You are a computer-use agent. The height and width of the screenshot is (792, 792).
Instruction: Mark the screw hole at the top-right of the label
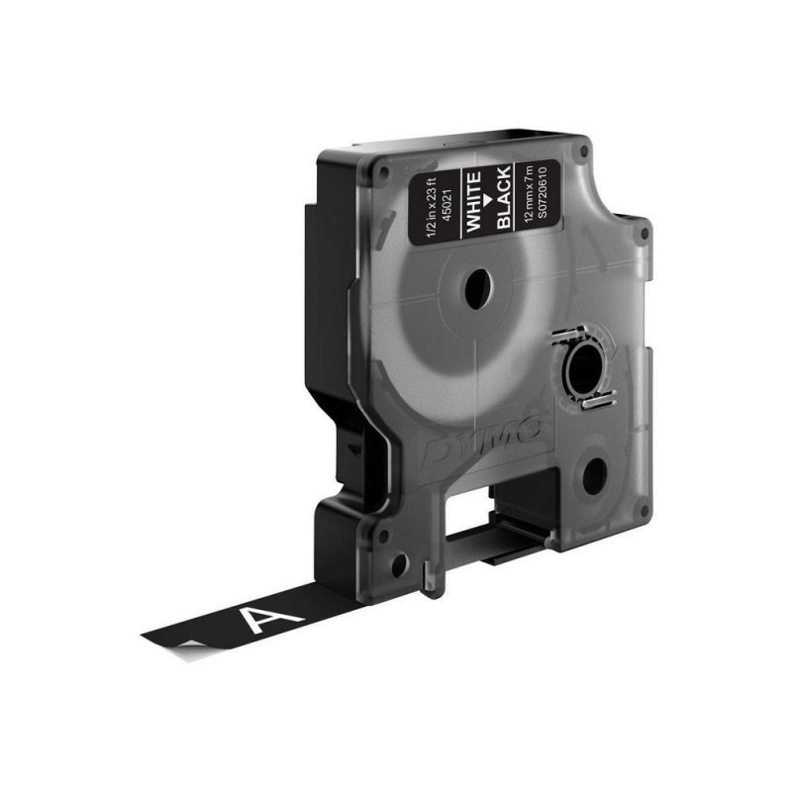coord(584,153)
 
